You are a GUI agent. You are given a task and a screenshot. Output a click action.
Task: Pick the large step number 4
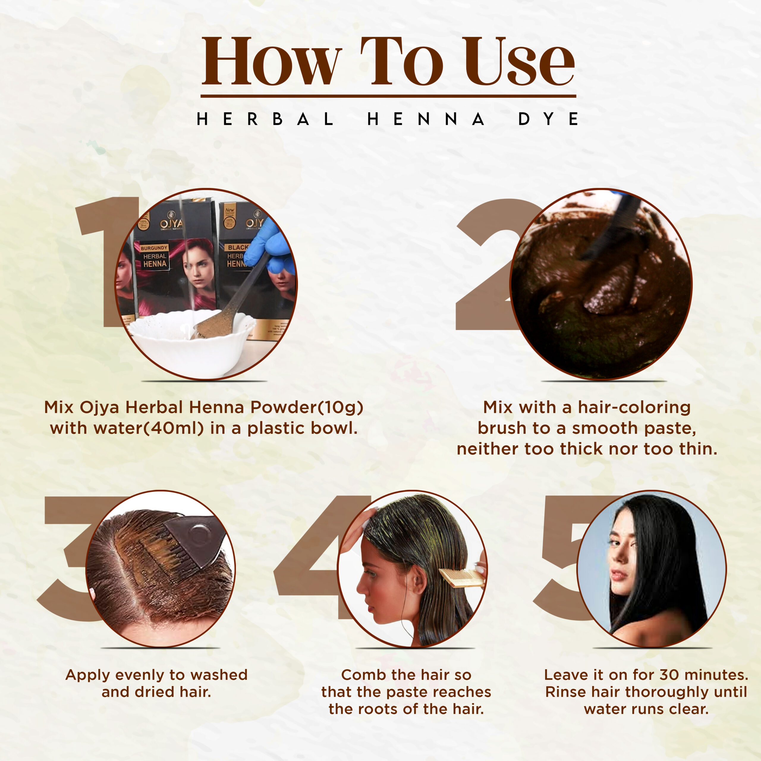coord(315,557)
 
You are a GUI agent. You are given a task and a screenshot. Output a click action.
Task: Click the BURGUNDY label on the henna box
coord(154,248)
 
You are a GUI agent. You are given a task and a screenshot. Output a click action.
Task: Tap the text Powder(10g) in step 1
coord(307,407)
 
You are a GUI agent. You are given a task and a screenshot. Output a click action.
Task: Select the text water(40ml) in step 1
coord(127,428)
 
